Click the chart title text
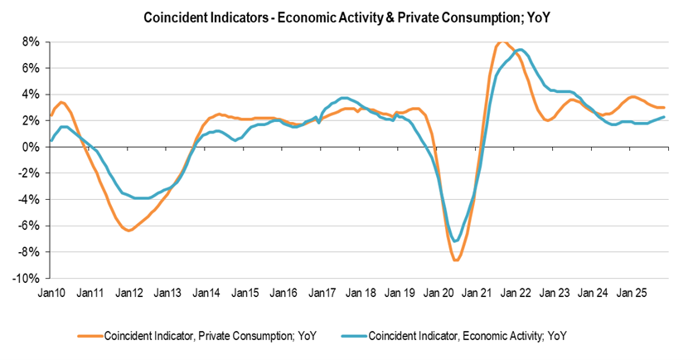tap(346, 17)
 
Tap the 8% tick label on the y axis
tap(31, 41)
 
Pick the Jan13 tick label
tap(167, 294)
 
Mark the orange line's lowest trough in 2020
tap(456, 260)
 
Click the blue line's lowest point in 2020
tap(455, 241)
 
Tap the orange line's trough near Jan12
tap(128, 230)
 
